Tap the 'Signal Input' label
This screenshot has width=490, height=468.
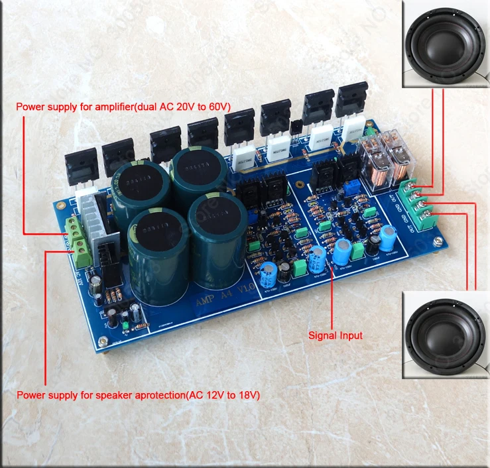pos(336,335)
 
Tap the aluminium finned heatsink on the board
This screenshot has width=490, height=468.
pos(99,219)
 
